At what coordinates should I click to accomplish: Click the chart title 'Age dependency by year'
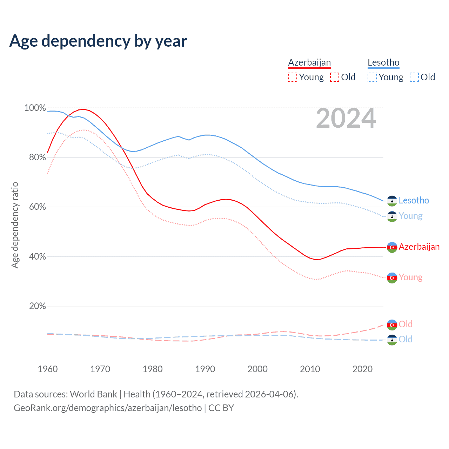(x=98, y=41)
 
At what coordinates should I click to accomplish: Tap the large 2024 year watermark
(x=346, y=119)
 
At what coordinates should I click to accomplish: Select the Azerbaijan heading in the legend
(x=309, y=62)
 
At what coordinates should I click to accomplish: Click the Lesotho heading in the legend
(x=383, y=62)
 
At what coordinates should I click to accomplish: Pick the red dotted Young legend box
(x=292, y=77)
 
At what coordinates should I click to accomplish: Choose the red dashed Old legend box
(x=335, y=77)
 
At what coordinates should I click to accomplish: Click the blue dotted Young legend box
(x=372, y=77)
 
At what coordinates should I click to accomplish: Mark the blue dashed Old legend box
(x=414, y=77)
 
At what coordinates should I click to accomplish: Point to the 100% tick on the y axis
(x=35, y=108)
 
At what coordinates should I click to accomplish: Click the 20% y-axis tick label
(x=38, y=306)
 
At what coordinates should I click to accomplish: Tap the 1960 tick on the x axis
(x=48, y=369)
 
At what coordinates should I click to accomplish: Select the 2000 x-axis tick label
(x=257, y=369)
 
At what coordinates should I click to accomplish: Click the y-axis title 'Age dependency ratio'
(x=15, y=225)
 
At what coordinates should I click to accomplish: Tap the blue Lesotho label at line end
(x=414, y=201)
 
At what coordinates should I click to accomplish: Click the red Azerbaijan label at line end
(x=419, y=247)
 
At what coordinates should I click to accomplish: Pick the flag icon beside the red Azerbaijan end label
(x=392, y=247)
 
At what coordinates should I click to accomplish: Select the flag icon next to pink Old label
(x=392, y=325)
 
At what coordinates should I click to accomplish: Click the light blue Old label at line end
(x=406, y=340)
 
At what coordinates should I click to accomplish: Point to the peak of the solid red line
(x=83, y=109)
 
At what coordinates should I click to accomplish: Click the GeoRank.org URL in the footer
(x=108, y=408)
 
